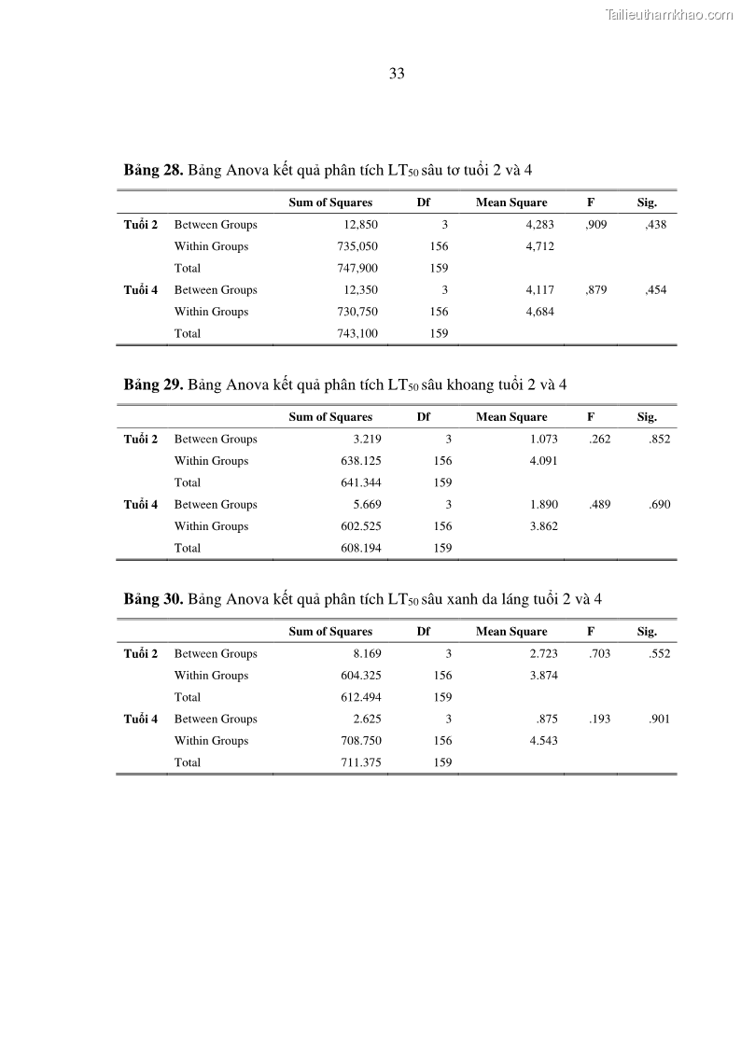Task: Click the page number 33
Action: coord(397,75)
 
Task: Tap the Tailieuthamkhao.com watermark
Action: coord(669,14)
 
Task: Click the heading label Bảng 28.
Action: coord(153,170)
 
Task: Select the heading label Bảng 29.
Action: coord(153,384)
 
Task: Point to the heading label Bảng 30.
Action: coord(153,599)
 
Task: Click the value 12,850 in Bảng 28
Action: coord(360,225)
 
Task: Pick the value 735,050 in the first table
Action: coord(357,246)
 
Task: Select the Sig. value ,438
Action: coord(655,225)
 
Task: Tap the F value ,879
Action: coord(595,290)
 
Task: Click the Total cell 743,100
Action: coord(357,333)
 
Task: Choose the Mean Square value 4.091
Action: coord(543,461)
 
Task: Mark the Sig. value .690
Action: coord(659,505)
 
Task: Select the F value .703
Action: coord(599,654)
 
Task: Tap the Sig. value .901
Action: coord(659,720)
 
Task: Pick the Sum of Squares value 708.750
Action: coord(360,741)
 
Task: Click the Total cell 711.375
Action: coord(360,762)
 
